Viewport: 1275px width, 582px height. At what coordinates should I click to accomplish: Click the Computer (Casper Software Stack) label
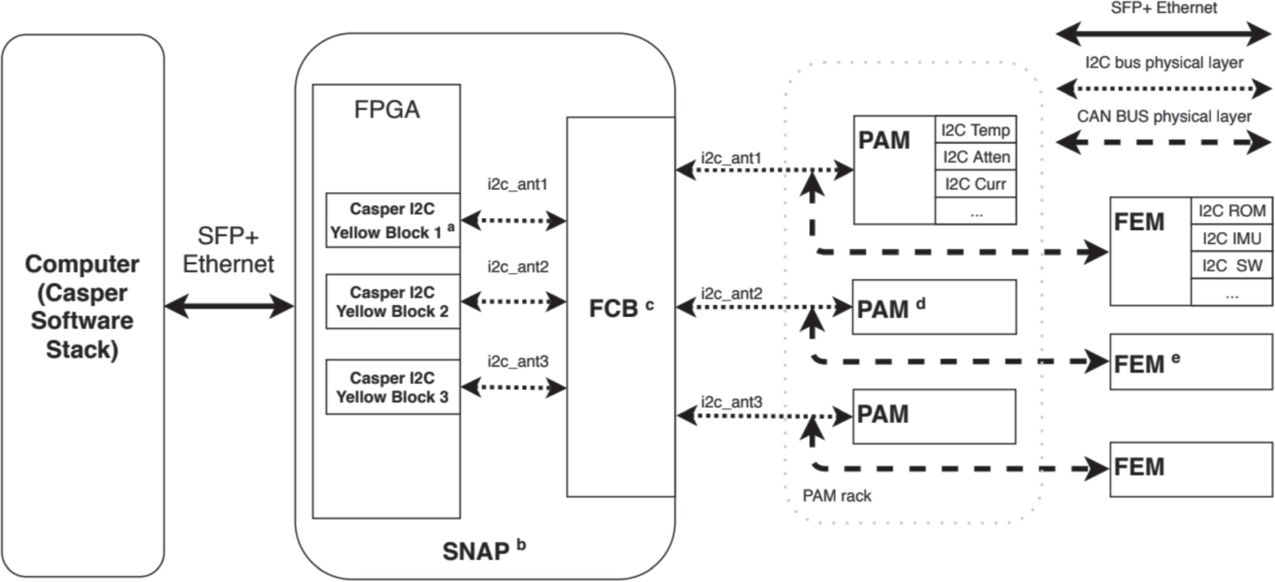point(82,306)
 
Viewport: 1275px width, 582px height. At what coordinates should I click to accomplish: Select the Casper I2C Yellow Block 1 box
point(393,221)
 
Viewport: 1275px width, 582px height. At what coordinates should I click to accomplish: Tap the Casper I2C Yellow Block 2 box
point(393,302)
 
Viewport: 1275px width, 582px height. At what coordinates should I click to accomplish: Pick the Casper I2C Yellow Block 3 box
point(393,387)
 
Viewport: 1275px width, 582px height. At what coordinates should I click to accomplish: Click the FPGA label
point(387,110)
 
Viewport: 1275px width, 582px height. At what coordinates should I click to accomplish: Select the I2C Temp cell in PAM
point(976,130)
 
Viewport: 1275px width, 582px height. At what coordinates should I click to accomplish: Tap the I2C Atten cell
point(976,158)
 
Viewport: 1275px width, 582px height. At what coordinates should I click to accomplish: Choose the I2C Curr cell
point(976,184)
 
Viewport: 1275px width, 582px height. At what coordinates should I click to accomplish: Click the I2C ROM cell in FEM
point(1232,211)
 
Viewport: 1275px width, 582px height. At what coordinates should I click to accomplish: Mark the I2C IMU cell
point(1232,238)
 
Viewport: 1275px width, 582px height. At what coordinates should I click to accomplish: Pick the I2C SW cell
point(1232,266)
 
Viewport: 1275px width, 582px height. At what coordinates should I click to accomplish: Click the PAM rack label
point(837,496)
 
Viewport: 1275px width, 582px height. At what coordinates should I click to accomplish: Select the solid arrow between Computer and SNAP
point(229,306)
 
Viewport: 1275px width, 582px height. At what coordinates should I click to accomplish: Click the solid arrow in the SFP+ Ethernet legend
point(1163,34)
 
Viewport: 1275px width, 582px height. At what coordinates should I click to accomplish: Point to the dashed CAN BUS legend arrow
point(1163,143)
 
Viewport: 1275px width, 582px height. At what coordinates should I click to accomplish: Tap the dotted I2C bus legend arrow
point(1163,89)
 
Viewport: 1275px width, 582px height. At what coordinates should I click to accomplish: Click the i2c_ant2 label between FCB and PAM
point(732,293)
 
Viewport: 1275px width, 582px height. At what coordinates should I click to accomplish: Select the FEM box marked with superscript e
point(1190,362)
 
